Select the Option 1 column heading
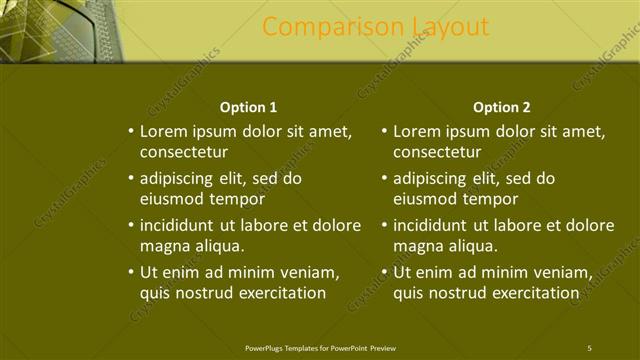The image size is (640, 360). (x=248, y=107)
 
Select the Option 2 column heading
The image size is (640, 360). (x=502, y=107)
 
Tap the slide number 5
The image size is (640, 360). (x=590, y=347)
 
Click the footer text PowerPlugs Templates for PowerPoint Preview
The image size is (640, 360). (x=319, y=347)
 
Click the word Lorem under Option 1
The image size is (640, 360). (x=162, y=131)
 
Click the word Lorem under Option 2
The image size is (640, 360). (x=416, y=131)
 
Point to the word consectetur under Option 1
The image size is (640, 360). (x=184, y=153)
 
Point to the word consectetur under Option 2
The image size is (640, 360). (x=438, y=153)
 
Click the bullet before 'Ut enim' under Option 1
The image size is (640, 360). (x=131, y=271)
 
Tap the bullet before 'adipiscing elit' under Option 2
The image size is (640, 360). (x=385, y=179)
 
